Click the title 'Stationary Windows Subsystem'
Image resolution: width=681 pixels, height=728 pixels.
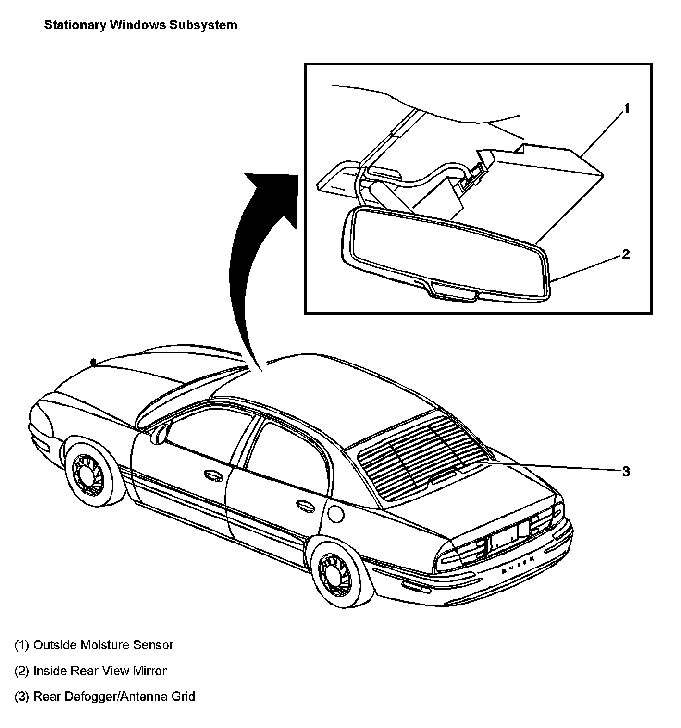pyautogui.click(x=140, y=25)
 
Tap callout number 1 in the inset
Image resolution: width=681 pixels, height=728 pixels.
pyautogui.click(x=626, y=109)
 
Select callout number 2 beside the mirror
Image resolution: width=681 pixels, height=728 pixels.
pyautogui.click(x=625, y=254)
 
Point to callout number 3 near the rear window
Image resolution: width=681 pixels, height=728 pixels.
pyautogui.click(x=625, y=471)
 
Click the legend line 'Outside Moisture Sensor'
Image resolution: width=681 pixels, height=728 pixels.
pyautogui.click(x=94, y=645)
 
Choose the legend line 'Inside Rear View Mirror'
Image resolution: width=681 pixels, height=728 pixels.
pyautogui.click(x=90, y=671)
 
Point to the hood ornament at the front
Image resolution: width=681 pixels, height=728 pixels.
pyautogui.click(x=93, y=361)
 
